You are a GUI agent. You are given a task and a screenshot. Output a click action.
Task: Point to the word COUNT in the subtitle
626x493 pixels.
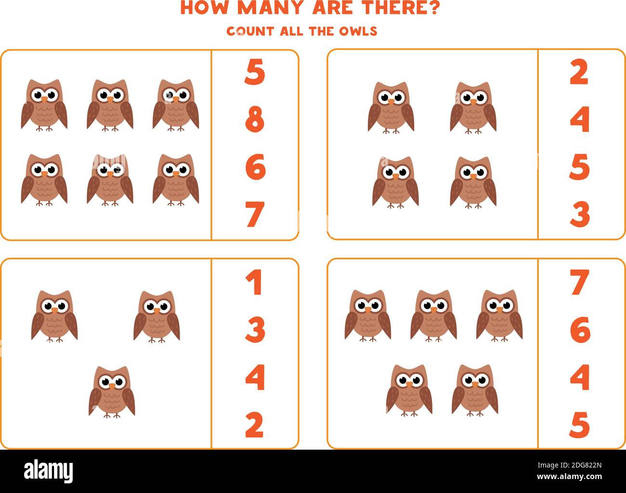point(250,31)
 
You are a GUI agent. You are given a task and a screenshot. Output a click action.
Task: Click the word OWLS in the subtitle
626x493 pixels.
point(358,31)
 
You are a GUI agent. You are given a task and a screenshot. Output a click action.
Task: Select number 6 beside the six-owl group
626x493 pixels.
point(255,167)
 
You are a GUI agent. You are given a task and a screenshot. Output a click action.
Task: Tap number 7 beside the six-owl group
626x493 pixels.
point(255,215)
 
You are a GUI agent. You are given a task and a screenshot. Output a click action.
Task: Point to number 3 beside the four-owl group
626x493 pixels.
point(580,215)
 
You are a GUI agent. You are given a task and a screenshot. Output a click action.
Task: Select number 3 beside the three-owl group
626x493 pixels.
point(255,330)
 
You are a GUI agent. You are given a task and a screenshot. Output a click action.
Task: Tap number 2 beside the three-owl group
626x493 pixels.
point(254,425)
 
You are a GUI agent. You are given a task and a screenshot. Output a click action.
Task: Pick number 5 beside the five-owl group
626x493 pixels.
point(579,425)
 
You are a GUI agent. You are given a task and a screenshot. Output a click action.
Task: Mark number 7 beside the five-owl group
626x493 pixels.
point(579,283)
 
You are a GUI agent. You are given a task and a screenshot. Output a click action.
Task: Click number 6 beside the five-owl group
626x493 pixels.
point(580,330)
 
